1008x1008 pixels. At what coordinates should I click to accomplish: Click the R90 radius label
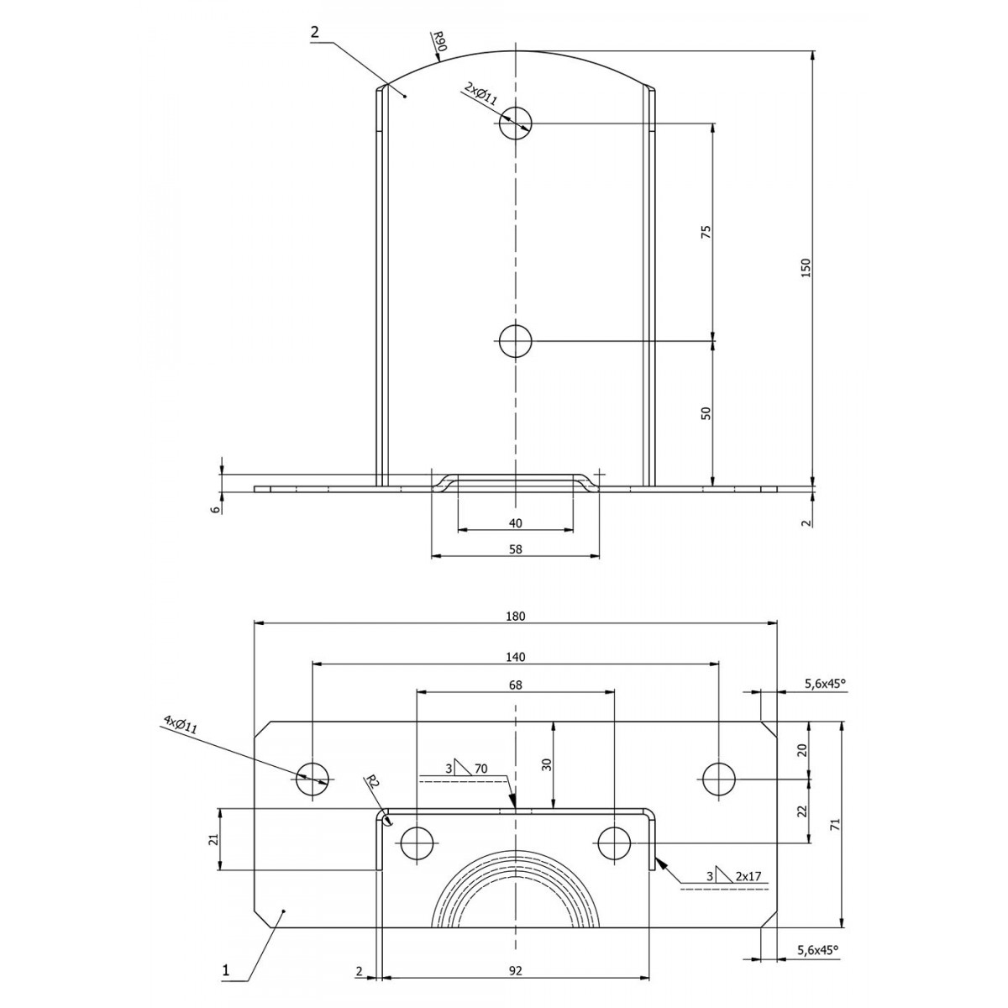click(438, 40)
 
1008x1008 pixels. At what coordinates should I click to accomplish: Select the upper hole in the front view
click(515, 123)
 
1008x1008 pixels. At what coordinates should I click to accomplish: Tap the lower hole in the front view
click(515, 341)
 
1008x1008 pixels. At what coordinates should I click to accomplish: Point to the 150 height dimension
click(806, 268)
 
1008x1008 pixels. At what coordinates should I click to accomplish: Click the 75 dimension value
click(706, 232)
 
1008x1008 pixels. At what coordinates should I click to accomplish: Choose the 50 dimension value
click(706, 413)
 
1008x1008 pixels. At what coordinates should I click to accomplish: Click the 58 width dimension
click(515, 549)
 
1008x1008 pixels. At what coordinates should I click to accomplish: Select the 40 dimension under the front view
click(515, 523)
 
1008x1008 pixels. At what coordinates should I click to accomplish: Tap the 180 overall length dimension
click(515, 617)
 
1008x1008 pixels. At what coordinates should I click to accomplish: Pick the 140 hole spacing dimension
click(515, 657)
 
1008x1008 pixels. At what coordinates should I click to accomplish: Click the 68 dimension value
click(515, 685)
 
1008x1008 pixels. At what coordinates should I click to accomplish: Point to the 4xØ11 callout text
click(181, 725)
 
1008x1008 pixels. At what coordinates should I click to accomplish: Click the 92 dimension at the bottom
click(515, 956)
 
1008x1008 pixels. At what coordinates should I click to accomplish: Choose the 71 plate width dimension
click(835, 824)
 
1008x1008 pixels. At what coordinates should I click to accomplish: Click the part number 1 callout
click(226, 956)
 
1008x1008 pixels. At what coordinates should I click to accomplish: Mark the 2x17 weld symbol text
click(748, 875)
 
